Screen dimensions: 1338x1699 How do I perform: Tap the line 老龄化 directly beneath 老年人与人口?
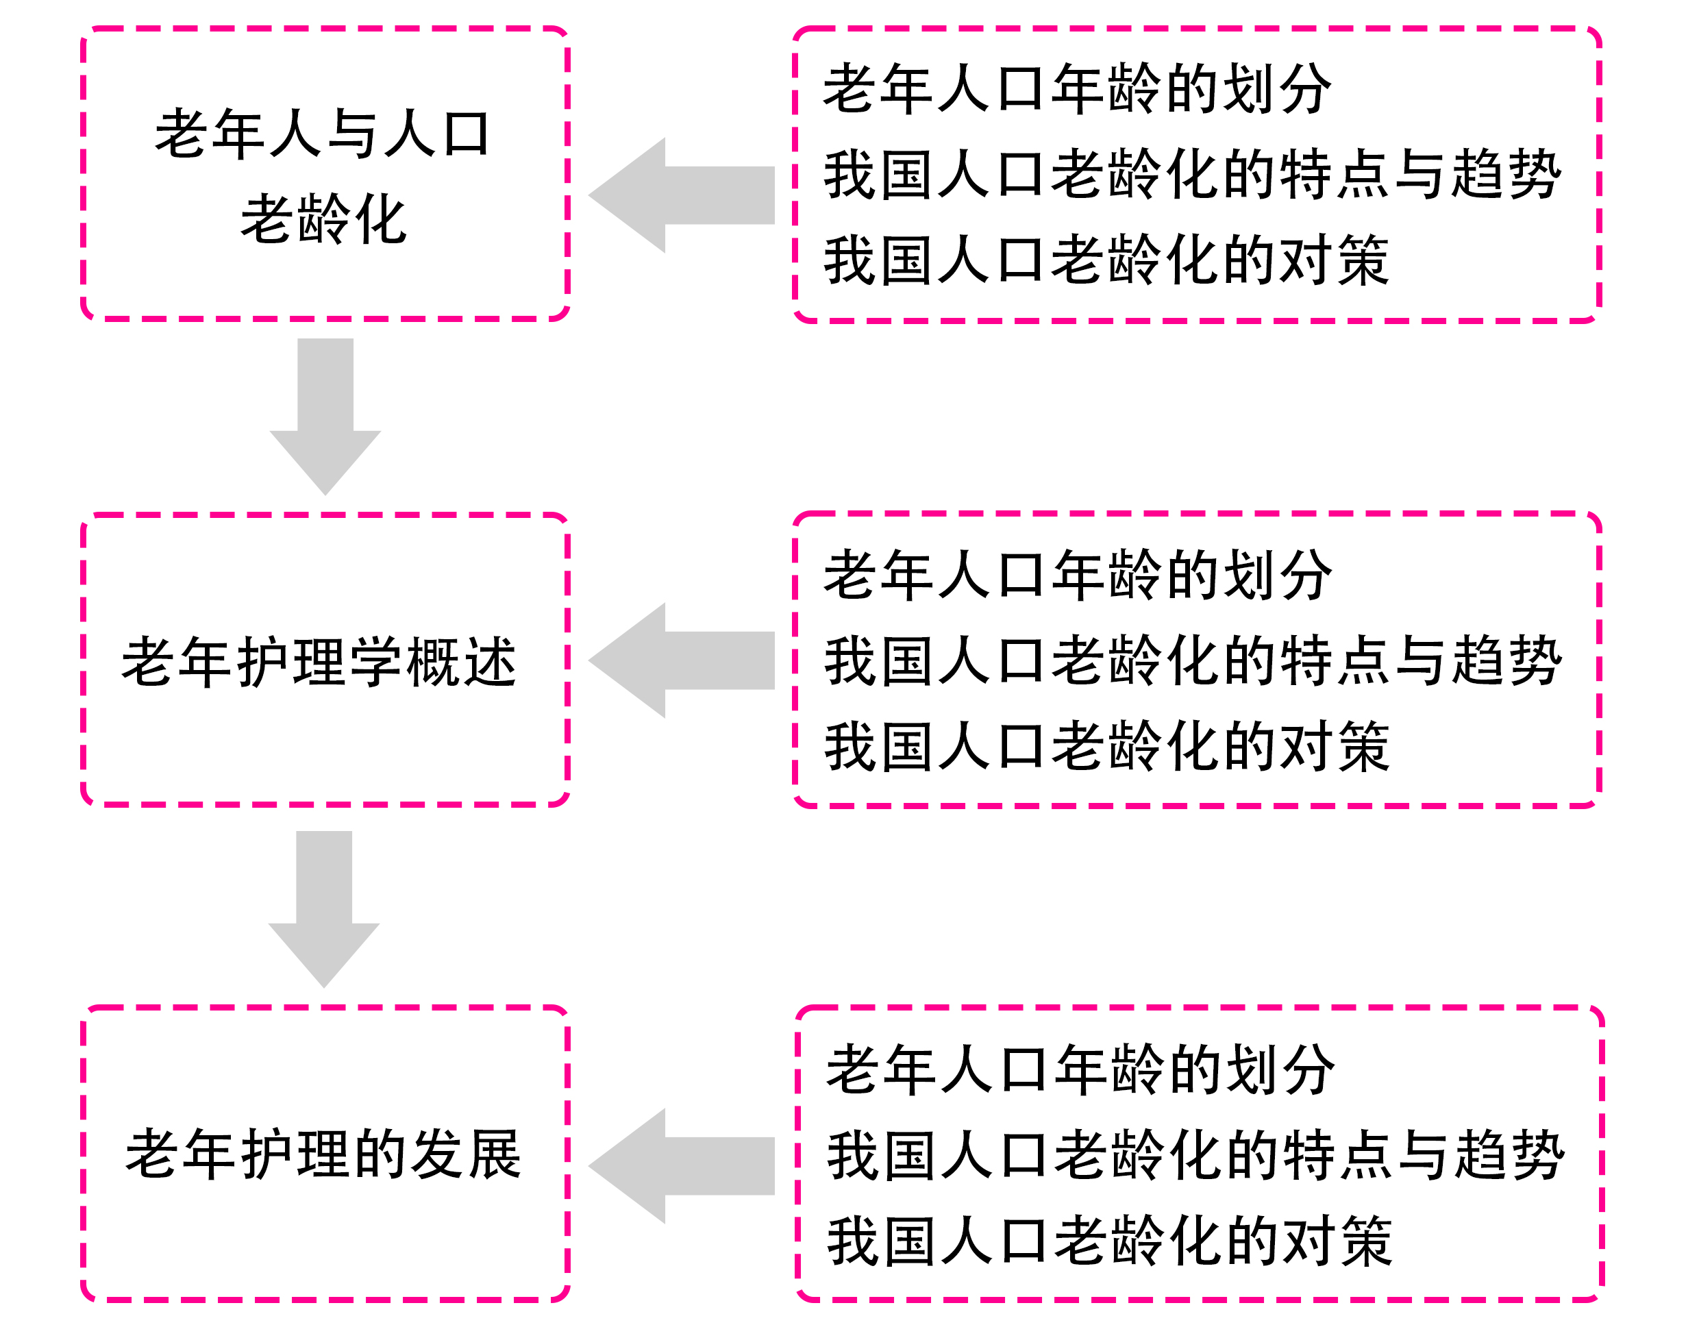coord(323,219)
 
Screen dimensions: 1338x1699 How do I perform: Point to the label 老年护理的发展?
coord(323,1154)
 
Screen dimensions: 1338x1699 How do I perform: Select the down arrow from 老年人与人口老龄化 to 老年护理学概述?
coord(325,414)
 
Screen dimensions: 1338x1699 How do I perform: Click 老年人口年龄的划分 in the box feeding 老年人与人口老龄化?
coord(1076,89)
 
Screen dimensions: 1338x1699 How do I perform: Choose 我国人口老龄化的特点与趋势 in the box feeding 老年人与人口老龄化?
coord(1191,175)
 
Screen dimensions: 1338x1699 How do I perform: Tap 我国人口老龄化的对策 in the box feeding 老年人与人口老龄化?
coord(1106,260)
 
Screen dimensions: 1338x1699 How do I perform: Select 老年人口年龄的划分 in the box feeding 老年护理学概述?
coord(1076,575)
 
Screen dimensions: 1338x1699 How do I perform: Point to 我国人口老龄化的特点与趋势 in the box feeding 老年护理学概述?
coord(1191,661)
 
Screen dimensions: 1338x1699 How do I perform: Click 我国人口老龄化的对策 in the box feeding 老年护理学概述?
coord(1106,747)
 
